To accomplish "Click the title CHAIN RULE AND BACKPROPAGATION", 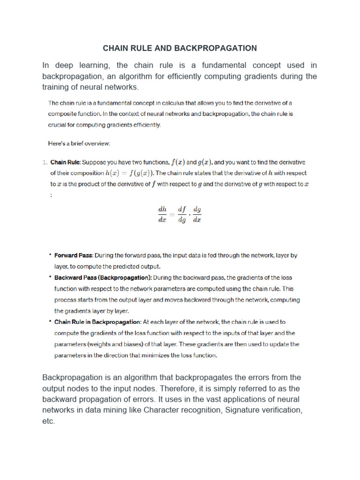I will coord(180,48).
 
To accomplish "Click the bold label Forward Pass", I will coord(74,255).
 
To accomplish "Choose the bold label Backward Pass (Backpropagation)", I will coord(103,277).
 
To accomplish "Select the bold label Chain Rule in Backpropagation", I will coord(97,322).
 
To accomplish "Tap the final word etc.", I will coord(48,421).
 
